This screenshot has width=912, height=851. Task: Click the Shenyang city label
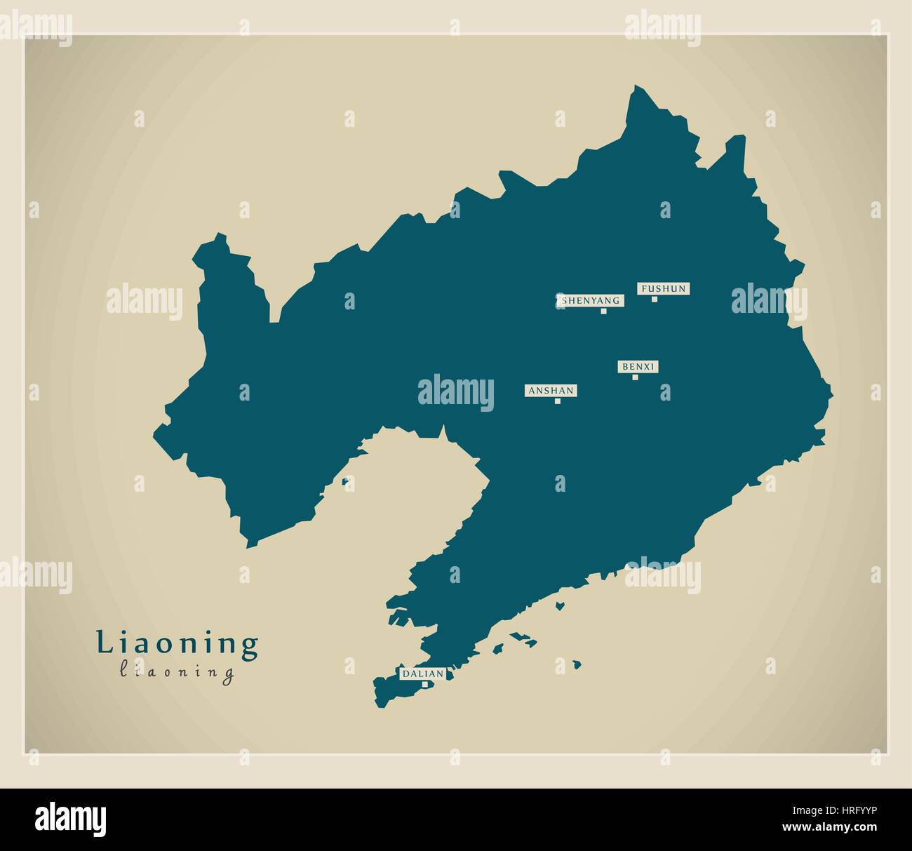pyautogui.click(x=590, y=300)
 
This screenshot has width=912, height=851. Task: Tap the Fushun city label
pyautogui.click(x=662, y=288)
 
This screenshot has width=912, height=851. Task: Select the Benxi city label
pyautogui.click(x=638, y=366)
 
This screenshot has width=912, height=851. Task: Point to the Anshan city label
pyautogui.click(x=551, y=390)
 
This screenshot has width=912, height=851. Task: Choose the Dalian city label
pyautogui.click(x=422, y=674)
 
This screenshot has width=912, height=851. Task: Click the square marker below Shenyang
pyautogui.click(x=603, y=311)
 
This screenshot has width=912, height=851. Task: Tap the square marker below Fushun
pyautogui.click(x=655, y=299)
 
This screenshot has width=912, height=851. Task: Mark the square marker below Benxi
pyautogui.click(x=636, y=377)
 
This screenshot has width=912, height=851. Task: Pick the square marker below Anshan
pyautogui.click(x=558, y=401)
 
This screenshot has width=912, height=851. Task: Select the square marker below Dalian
pyautogui.click(x=424, y=684)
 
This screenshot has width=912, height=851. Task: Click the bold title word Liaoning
pyautogui.click(x=177, y=643)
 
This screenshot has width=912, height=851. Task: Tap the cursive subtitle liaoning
pyautogui.click(x=177, y=672)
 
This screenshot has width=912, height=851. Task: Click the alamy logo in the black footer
pyautogui.click(x=71, y=819)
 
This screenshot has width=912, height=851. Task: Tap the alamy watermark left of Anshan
pyautogui.click(x=456, y=391)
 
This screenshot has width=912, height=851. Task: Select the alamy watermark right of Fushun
pyautogui.click(x=769, y=301)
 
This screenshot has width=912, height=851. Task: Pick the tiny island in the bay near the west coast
pyautogui.click(x=345, y=481)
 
